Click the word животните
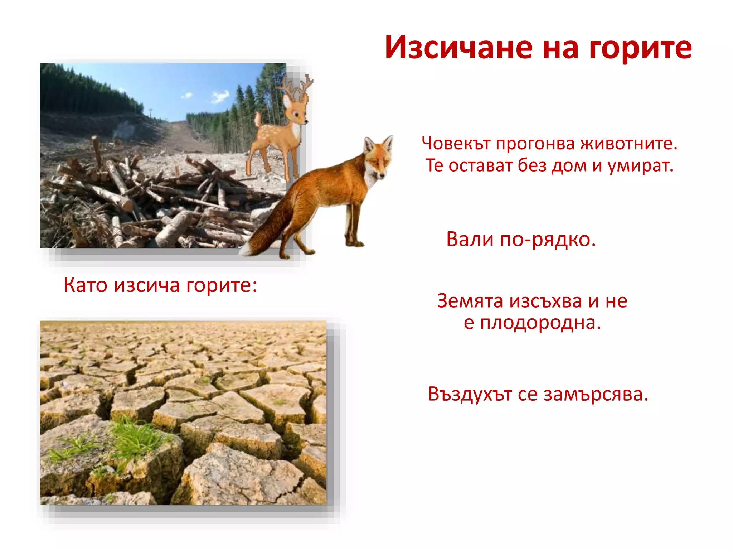pos(629,144)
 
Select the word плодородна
pos(540,323)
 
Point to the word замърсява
pos(596,395)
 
